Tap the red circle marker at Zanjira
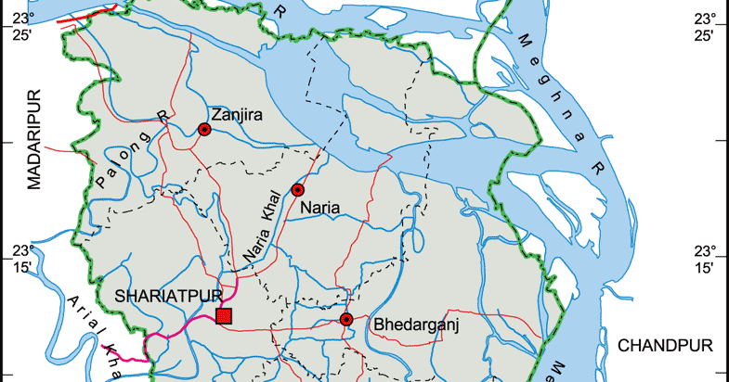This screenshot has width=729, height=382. [x=204, y=131]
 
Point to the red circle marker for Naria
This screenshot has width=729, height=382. [x=298, y=190]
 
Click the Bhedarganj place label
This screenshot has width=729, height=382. [x=417, y=325]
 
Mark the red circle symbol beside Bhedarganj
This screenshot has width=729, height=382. [x=346, y=320]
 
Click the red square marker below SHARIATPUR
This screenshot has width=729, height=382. [x=223, y=317]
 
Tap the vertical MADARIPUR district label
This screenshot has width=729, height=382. [x=35, y=139]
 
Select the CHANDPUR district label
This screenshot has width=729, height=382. [x=666, y=346]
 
